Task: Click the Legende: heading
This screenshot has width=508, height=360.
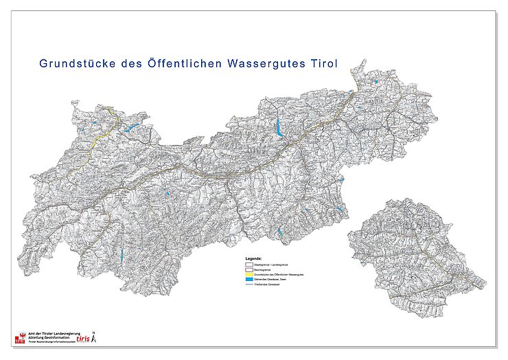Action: (253, 259)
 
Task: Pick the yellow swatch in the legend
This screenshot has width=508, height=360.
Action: (249, 275)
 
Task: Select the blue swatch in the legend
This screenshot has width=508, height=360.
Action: (249, 280)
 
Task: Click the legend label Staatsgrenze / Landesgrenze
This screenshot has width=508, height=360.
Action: (270, 264)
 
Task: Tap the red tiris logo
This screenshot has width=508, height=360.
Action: (82, 339)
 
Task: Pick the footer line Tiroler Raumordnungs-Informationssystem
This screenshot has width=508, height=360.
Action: (51, 341)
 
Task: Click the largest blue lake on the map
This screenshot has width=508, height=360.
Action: (279, 128)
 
